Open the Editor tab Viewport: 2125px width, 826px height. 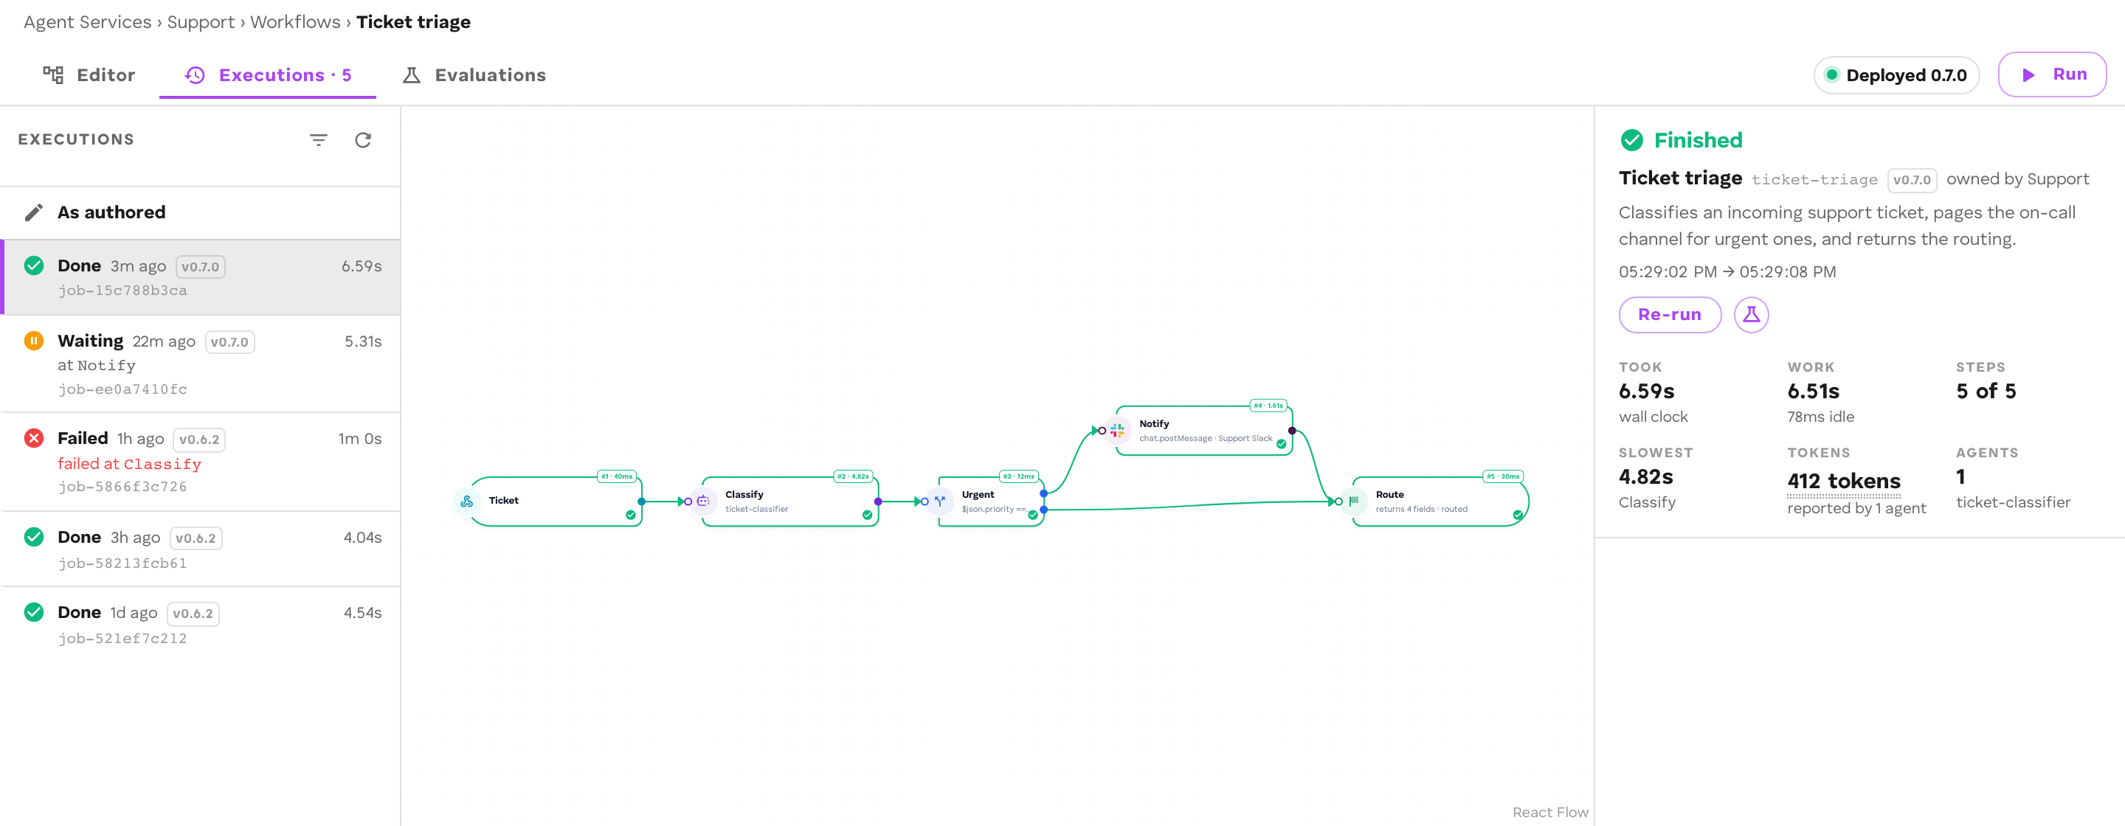click(89, 75)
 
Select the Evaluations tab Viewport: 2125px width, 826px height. click(474, 75)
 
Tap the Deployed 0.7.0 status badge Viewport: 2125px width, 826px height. click(1896, 75)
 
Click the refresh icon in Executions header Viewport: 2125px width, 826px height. click(363, 140)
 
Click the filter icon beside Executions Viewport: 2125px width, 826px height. click(319, 140)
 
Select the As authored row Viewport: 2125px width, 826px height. click(201, 212)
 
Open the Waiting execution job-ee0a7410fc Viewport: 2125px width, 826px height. click(201, 364)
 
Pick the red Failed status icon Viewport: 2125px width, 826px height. click(34, 438)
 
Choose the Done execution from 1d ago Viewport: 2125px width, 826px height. click(201, 624)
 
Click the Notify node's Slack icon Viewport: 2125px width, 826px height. click(1117, 430)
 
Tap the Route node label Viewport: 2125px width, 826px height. click(1389, 495)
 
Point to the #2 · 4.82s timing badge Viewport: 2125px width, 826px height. click(853, 476)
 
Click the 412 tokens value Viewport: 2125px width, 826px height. click(1843, 481)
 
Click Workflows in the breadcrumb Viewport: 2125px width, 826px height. click(295, 22)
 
